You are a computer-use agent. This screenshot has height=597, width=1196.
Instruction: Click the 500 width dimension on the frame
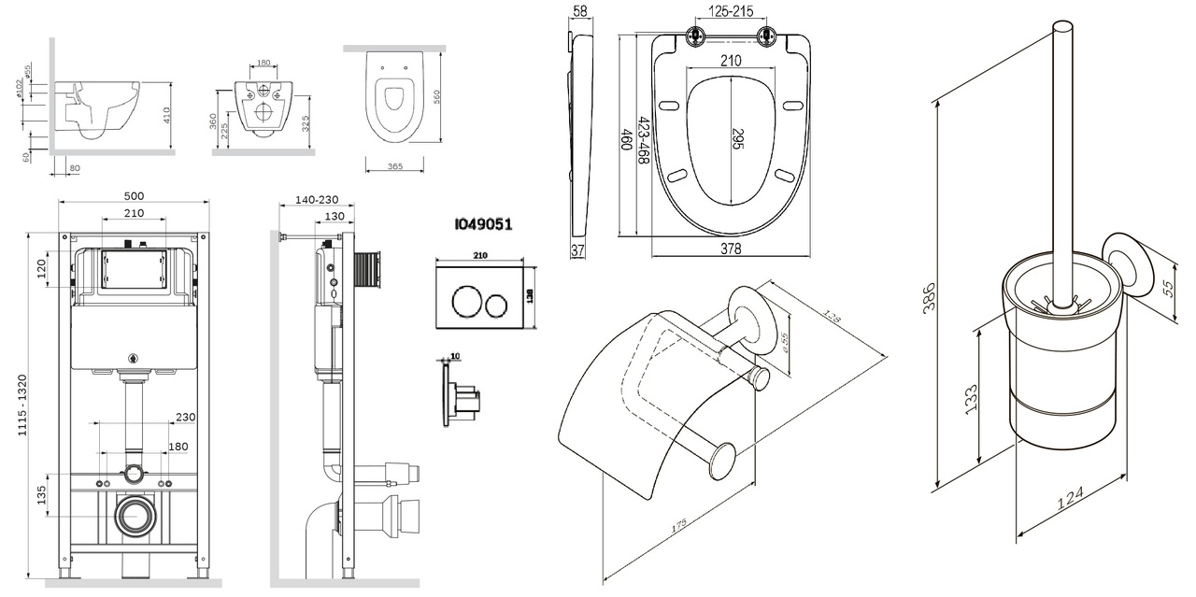pyautogui.click(x=134, y=196)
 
